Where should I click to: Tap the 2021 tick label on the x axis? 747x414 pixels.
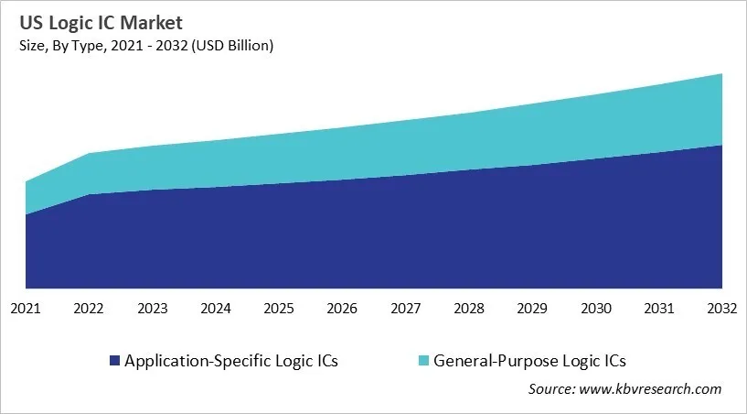click(26, 309)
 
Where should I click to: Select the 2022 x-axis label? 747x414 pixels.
click(89, 309)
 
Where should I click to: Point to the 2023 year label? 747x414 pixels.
click(152, 309)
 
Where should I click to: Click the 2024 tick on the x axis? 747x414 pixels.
click(216, 309)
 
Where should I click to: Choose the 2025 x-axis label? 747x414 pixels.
click(279, 309)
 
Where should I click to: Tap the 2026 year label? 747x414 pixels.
click(342, 309)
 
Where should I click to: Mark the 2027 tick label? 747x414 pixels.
click(405, 309)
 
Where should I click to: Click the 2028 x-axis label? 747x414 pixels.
click(469, 309)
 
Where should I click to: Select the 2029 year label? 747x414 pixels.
click(532, 309)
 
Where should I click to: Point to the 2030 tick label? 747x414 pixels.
click(595, 309)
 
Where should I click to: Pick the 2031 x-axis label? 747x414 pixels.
click(658, 309)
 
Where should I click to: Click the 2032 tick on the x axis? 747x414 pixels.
click(721, 309)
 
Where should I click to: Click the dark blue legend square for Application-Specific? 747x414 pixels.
click(114, 361)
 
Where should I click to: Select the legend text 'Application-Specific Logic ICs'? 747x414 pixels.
click(231, 361)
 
